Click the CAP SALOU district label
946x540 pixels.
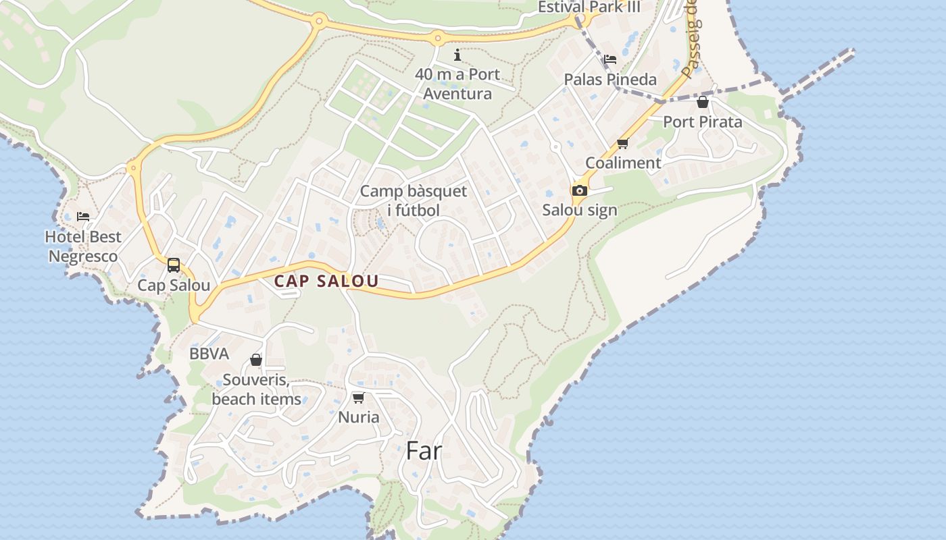click(x=326, y=281)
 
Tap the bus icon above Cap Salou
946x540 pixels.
click(x=174, y=265)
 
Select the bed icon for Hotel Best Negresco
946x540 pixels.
click(x=83, y=216)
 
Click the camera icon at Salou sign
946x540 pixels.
click(x=579, y=191)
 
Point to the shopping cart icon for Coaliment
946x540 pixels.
click(x=622, y=143)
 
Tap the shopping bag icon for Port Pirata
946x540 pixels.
click(x=703, y=102)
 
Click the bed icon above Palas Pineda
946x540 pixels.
click(x=610, y=59)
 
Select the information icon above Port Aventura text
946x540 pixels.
click(x=457, y=55)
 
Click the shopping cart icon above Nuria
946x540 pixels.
click(x=359, y=398)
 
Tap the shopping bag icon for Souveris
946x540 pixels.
click(x=256, y=360)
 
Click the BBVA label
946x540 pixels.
click(x=209, y=354)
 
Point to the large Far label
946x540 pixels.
click(x=424, y=451)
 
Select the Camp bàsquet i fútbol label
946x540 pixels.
click(x=413, y=200)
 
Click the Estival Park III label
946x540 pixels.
click(x=589, y=7)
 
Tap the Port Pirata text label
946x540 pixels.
click(x=702, y=122)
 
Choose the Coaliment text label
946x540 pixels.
click(x=623, y=163)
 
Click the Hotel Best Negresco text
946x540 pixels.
click(x=83, y=246)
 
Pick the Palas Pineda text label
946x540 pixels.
click(x=610, y=80)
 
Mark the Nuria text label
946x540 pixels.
click(x=359, y=417)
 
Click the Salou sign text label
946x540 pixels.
click(x=580, y=210)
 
